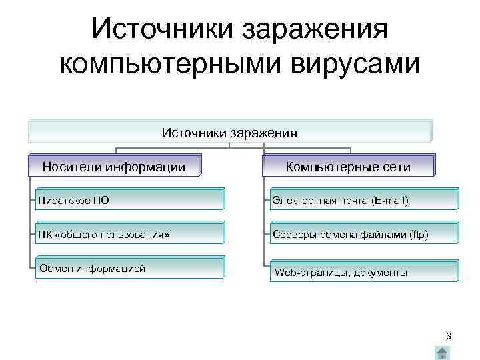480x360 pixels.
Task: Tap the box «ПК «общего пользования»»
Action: pos(130,234)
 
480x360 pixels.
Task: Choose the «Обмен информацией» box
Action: pos(130,269)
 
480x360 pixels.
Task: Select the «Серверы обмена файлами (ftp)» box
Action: pos(364,234)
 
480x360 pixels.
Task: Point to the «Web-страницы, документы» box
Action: pos(364,272)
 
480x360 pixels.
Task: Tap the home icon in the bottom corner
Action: pos(441,353)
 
